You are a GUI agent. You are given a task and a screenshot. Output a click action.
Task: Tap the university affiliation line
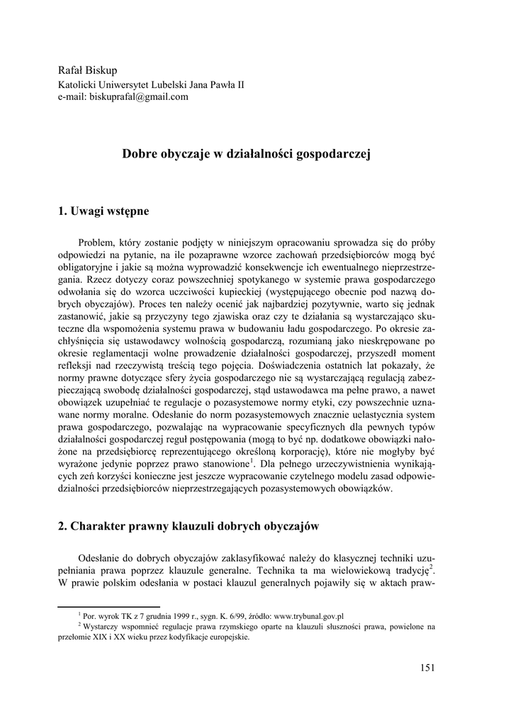[151, 84]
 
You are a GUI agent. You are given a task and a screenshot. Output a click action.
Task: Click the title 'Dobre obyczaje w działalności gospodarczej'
[247, 153]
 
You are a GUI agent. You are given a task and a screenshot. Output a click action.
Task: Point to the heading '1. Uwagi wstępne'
[103, 211]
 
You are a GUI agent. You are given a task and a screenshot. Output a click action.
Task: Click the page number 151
[427, 666]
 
